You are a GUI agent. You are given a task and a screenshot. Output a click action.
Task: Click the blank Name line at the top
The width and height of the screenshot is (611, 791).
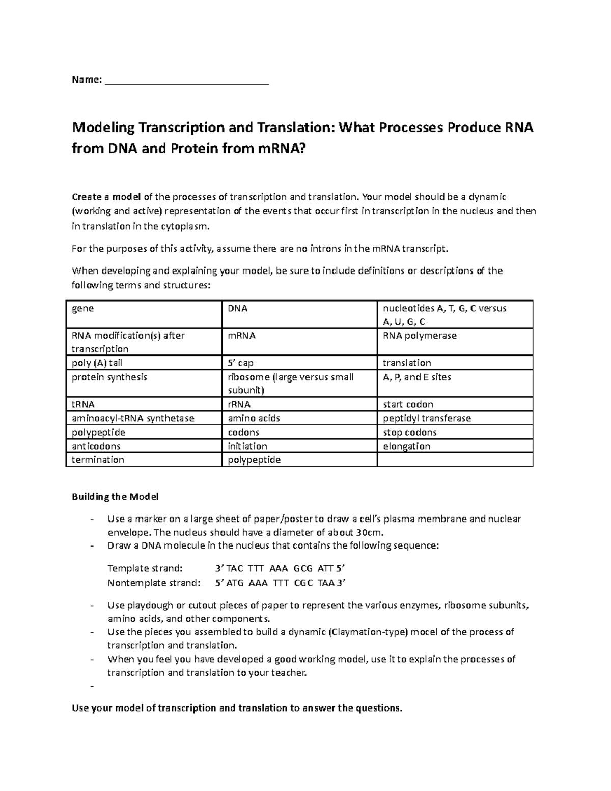click(186, 80)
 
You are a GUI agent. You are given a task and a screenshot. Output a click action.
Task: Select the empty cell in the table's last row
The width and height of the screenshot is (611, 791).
click(455, 460)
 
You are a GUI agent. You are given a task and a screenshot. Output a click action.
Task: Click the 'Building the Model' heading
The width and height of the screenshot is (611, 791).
click(115, 496)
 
